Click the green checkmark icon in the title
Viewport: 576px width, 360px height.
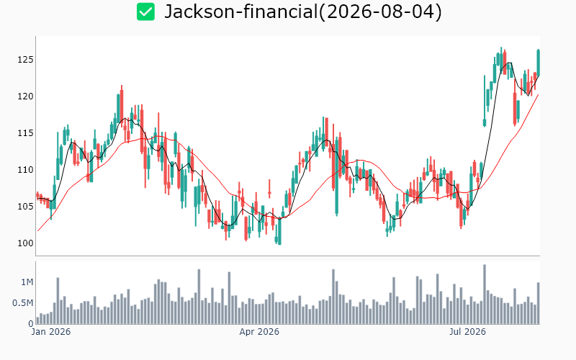click(x=146, y=12)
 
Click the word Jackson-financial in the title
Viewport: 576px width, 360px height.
click(x=241, y=12)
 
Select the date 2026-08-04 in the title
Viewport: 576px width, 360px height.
click(x=380, y=12)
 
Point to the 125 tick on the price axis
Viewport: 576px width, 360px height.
click(x=25, y=60)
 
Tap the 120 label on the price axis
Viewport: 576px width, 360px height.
click(x=25, y=96)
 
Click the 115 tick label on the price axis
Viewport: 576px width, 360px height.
click(x=25, y=133)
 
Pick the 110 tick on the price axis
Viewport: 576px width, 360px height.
click(x=25, y=170)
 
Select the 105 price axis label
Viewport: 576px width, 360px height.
click(x=25, y=207)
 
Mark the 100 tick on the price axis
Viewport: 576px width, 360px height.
click(x=25, y=243)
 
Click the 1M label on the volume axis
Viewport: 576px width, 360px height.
click(x=27, y=282)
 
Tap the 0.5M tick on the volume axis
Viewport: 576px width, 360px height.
click(x=23, y=303)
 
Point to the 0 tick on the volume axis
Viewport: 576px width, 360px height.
click(x=31, y=324)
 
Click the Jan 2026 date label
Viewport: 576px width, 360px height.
click(x=50, y=332)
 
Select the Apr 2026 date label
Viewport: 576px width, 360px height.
click(x=259, y=332)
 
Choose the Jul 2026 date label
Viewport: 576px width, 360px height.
click(x=467, y=332)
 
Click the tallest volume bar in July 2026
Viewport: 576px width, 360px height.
click(x=485, y=294)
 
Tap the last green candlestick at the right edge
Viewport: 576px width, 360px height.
click(x=538, y=63)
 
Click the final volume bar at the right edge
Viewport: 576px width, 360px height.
click(x=538, y=303)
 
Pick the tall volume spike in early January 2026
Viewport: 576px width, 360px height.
click(x=58, y=301)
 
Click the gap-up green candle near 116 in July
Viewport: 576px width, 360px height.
click(x=485, y=122)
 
